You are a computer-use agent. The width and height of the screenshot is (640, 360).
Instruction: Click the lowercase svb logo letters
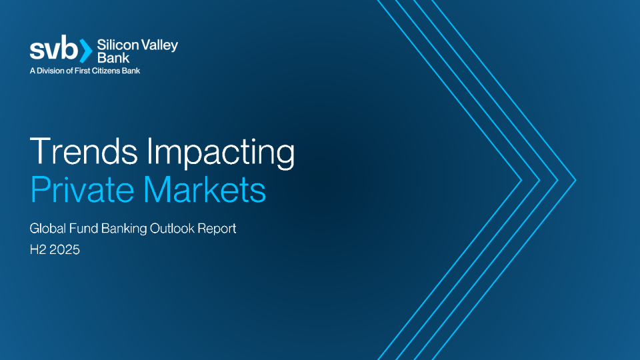coord(54,48)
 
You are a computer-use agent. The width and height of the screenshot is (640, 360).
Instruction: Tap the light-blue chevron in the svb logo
coord(86,51)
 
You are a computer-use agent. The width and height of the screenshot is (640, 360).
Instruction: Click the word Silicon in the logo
coord(117,45)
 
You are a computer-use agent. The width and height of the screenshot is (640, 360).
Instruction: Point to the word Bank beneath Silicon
coord(113,57)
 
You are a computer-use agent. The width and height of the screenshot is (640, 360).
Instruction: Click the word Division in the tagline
coord(51,71)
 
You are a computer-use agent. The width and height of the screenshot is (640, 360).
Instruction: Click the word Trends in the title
coord(84,151)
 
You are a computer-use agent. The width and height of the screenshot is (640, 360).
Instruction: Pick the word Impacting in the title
coord(221,153)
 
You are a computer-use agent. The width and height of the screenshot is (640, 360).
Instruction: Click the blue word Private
coord(83,189)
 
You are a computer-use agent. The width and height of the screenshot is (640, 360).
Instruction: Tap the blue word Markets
coord(205,189)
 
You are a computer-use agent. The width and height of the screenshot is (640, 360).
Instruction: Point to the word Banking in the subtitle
coord(124,229)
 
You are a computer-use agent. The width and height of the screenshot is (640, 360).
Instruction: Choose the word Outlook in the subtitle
coord(172,228)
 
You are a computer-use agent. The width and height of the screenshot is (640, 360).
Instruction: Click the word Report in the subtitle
coord(217,229)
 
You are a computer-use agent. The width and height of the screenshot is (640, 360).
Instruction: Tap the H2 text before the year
coord(37,250)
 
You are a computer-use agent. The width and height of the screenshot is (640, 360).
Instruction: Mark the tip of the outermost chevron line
coord(575,180)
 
